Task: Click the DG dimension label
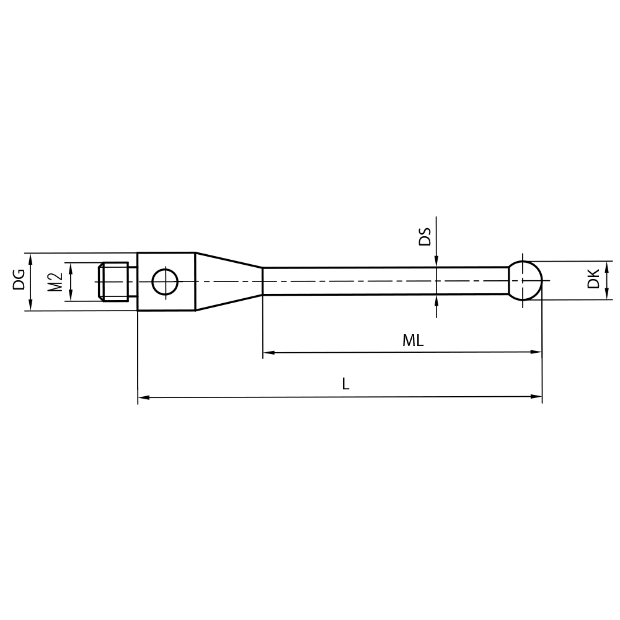click(19, 281)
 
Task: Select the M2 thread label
click(56, 281)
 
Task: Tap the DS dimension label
click(425, 237)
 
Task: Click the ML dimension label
click(413, 340)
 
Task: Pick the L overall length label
click(345, 384)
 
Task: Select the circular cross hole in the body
click(166, 281)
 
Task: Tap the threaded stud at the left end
click(114, 281)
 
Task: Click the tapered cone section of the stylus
click(228, 281)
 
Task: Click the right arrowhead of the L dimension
click(537, 396)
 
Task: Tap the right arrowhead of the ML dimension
click(536, 352)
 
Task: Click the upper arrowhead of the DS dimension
click(436, 262)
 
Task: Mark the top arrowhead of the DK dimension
click(607, 265)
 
